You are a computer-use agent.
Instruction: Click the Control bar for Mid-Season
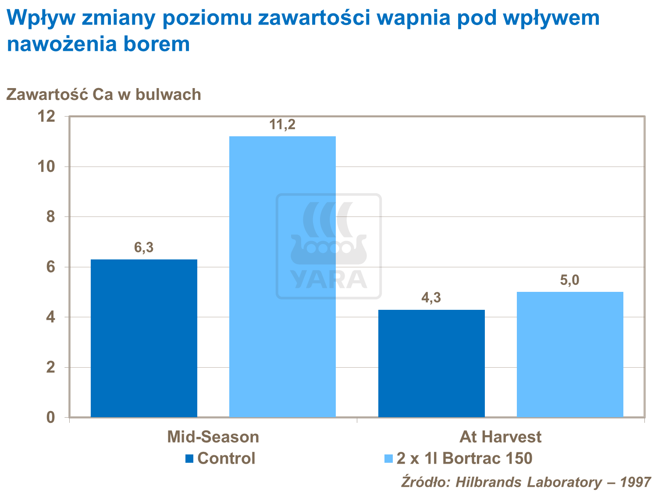click(x=144, y=338)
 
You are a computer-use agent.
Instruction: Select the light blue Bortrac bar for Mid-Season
click(x=282, y=276)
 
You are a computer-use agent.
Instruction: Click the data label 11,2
click(x=282, y=125)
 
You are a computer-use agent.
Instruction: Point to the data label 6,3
click(x=144, y=248)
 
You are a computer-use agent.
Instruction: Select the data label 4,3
click(x=431, y=298)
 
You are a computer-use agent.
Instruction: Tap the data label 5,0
click(x=570, y=280)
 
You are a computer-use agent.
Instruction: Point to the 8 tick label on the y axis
click(x=51, y=217)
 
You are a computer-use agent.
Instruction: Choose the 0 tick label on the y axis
click(x=51, y=417)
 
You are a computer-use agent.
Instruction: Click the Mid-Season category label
click(x=213, y=437)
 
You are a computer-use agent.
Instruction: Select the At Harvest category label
click(x=500, y=437)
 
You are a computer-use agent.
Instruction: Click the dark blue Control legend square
click(x=189, y=458)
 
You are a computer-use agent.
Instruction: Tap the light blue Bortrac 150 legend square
click(x=388, y=458)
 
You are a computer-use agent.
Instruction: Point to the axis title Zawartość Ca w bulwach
click(x=103, y=95)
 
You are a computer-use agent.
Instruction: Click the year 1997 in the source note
click(x=636, y=482)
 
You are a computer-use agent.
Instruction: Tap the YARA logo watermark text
click(x=329, y=280)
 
